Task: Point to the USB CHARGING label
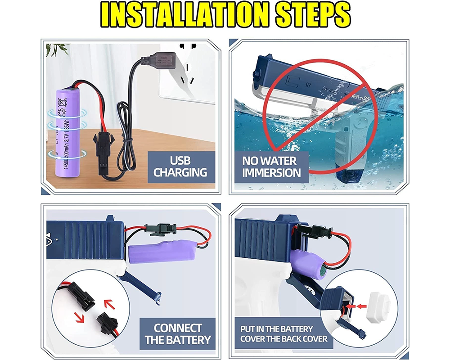(180, 166)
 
